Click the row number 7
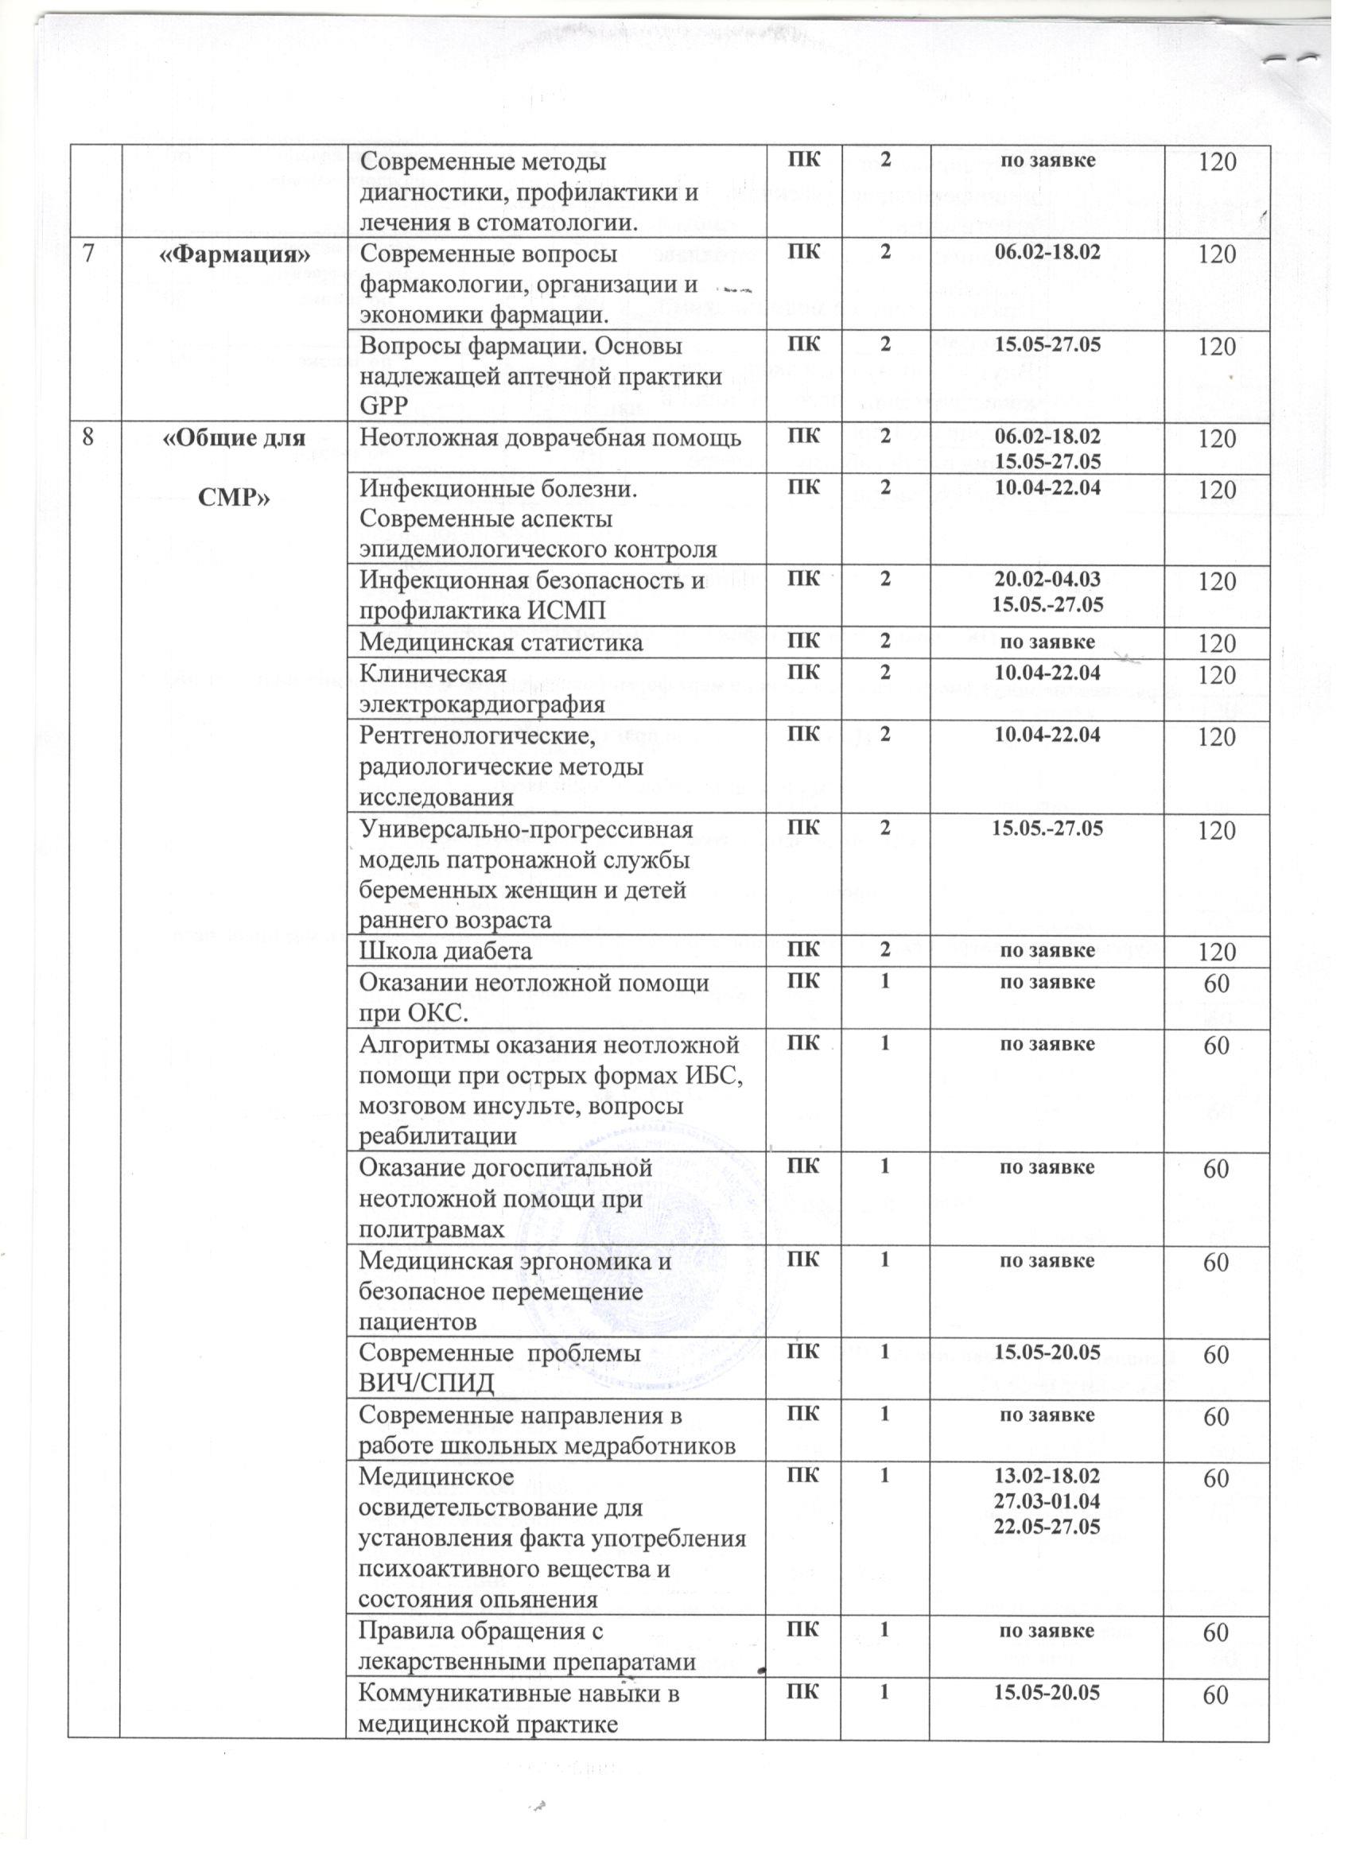pos(85,255)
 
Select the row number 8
pos(86,439)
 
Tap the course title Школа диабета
pos(446,951)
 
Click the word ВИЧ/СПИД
pos(427,1384)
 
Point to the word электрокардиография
pos(483,704)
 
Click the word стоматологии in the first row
pos(561,222)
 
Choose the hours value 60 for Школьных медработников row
pos(1216,1417)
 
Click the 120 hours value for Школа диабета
pos(1217,953)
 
